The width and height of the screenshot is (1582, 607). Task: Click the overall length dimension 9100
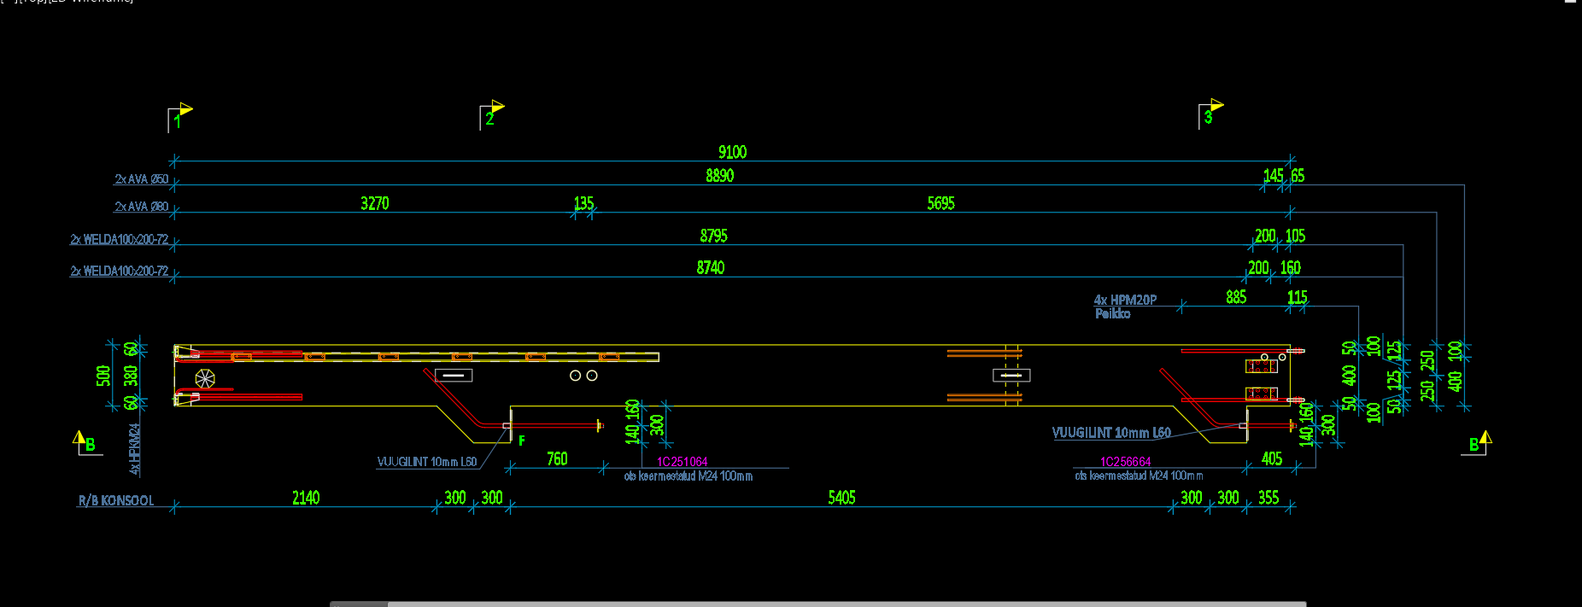pos(732,152)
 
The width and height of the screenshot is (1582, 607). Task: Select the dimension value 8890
pos(719,176)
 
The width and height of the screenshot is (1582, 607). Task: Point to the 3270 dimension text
pos(374,203)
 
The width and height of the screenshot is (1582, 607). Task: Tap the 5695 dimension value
pos(940,203)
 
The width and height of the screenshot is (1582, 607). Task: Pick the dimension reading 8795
pos(713,236)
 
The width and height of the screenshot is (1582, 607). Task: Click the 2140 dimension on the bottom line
pos(305,498)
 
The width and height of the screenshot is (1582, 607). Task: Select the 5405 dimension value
pos(841,498)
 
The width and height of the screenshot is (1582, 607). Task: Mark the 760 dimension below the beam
pos(557,459)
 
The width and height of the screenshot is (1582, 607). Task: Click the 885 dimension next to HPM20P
pos(1235,297)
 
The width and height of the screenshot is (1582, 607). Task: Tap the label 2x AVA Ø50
pos(142,179)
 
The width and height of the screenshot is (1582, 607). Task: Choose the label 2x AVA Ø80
pos(142,207)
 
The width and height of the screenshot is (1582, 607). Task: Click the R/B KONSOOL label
pos(116,501)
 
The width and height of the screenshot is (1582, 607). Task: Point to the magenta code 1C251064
pos(682,462)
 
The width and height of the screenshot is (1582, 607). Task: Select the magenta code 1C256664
pos(1125,462)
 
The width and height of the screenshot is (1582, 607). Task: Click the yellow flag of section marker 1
pos(186,108)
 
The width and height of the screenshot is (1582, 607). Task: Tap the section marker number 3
pos(1208,118)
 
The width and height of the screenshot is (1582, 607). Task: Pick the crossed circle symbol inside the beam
pos(205,378)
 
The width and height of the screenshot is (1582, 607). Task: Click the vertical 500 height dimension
pos(103,376)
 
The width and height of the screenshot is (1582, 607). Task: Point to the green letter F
pos(522,441)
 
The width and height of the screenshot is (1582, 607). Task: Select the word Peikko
pos(1112,314)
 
